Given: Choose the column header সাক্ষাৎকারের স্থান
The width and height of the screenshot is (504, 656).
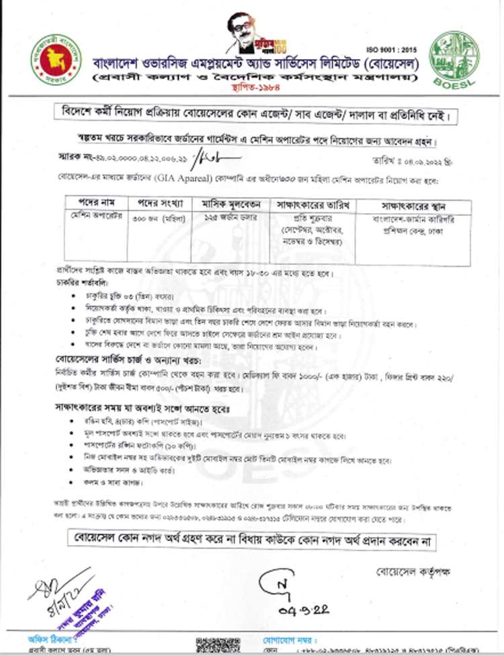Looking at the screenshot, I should click(401, 204).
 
